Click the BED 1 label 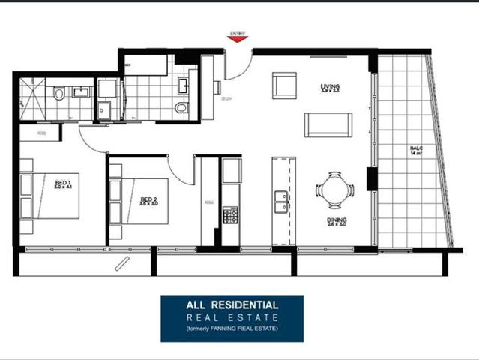click(62, 183)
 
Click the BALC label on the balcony click(417, 149)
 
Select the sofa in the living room click(328, 124)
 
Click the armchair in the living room click(285, 85)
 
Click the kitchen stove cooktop click(230, 216)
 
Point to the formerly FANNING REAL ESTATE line click(232, 329)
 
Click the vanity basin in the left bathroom click(80, 94)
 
